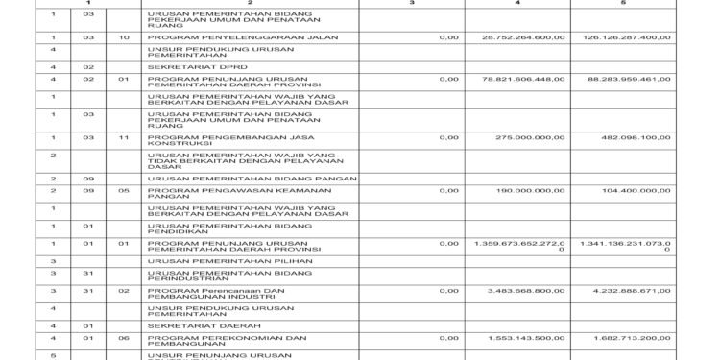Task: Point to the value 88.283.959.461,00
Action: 627,80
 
